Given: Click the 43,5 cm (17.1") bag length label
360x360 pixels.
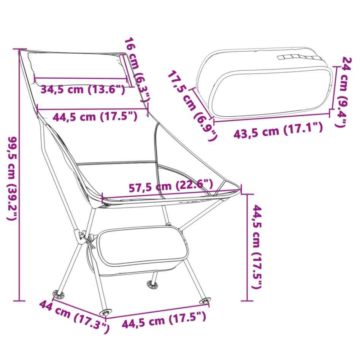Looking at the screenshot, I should (278, 130).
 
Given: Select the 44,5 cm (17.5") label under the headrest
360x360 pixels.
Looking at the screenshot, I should (95, 116).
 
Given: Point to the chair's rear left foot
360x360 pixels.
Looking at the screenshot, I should (59, 293).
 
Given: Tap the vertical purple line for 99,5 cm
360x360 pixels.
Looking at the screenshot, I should (19, 175).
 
